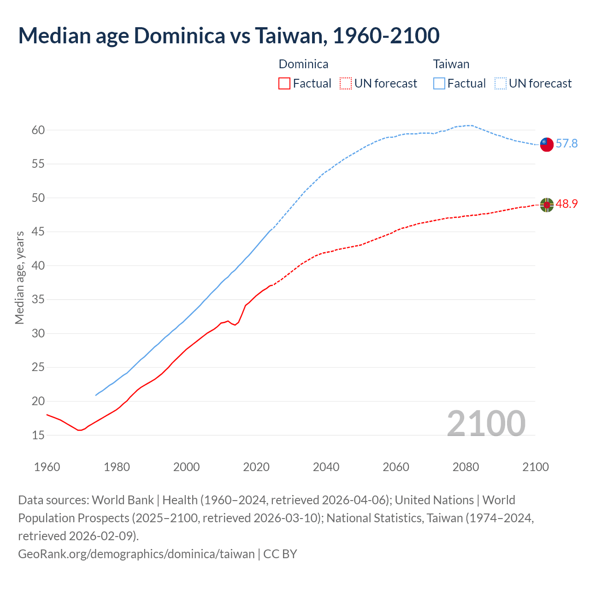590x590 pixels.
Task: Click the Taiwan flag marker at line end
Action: click(547, 144)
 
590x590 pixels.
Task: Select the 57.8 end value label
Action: click(566, 144)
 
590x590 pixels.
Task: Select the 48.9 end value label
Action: click(566, 204)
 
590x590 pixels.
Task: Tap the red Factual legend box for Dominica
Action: click(284, 83)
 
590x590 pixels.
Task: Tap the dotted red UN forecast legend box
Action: click(346, 83)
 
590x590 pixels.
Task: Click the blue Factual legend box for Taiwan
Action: click(439, 83)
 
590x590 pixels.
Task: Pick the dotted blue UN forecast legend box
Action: click(500, 83)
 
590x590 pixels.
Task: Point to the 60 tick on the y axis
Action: click(38, 130)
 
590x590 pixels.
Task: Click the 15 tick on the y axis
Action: click(38, 435)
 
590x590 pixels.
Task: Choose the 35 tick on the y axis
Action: click(38, 300)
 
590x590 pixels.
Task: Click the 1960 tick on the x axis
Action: click(47, 467)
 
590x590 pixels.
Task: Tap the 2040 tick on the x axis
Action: click(326, 467)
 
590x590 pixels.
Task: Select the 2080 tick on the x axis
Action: click(466, 467)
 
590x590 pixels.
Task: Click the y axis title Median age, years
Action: click(19, 278)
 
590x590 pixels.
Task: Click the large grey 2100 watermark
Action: click(486, 424)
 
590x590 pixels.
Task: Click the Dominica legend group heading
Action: click(303, 64)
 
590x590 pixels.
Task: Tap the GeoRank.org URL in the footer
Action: click(136, 554)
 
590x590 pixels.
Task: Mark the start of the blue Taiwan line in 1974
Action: click(96, 395)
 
